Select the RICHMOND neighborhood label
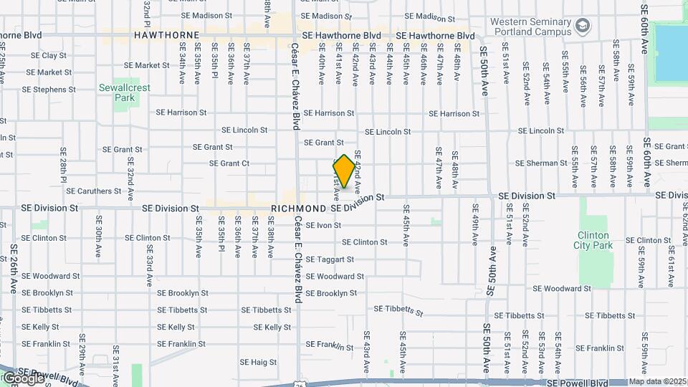[298, 208]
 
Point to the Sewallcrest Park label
[125, 92]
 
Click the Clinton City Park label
[593, 239]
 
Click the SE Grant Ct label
[229, 163]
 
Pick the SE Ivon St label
[323, 225]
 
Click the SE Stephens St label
[49, 90]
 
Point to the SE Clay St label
[49, 55]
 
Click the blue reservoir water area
[670, 54]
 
